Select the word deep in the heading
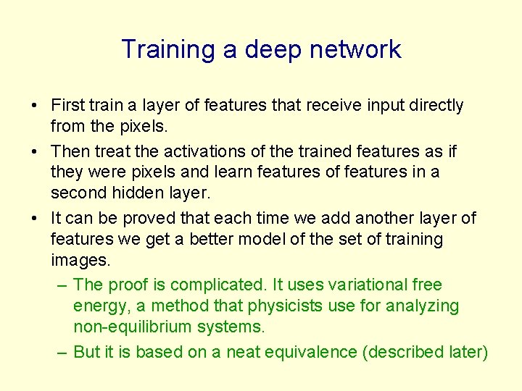[272, 50]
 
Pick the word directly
[434, 106]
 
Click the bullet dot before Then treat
[35, 151]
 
